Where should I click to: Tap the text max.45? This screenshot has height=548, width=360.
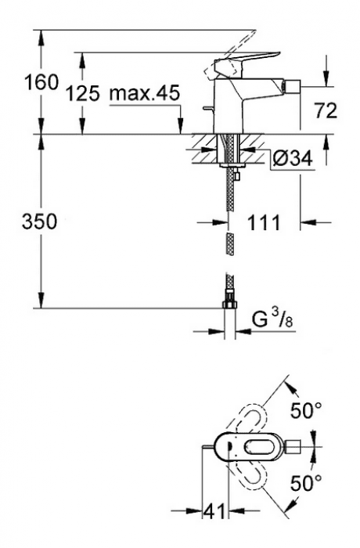145,94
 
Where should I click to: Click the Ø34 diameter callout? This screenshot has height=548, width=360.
292,159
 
